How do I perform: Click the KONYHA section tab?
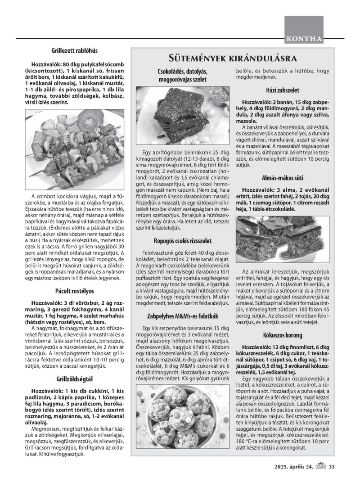pyautogui.click(x=304, y=39)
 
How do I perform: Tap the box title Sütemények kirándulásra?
pyautogui.click(x=232, y=59)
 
